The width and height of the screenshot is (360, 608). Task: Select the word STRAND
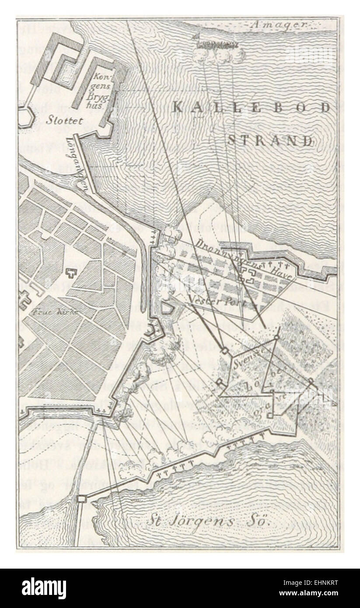(270, 141)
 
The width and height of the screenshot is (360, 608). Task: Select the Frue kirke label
(49, 313)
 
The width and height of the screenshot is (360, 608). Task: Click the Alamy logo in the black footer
(44, 588)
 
